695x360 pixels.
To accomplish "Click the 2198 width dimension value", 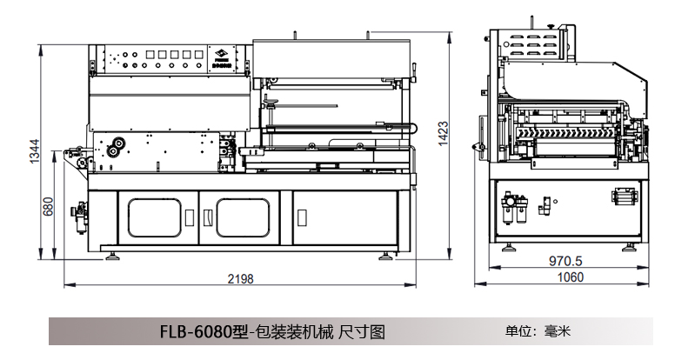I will [x=240, y=278].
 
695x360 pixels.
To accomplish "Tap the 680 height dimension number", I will [x=49, y=206].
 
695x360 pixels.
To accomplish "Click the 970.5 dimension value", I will [x=565, y=260].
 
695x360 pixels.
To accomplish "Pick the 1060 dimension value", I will [x=569, y=277].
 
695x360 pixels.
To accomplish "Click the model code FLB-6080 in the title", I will [x=196, y=332].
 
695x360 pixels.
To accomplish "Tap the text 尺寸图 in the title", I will [x=361, y=332].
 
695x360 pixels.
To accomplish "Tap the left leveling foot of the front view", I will [x=113, y=255].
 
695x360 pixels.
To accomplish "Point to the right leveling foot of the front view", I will [x=385, y=255].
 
